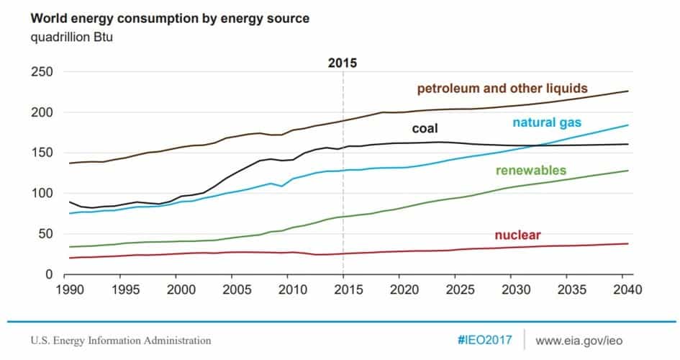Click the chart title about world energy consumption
tap(155, 17)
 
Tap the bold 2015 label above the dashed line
tap(343, 63)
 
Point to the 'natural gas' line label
tap(556, 122)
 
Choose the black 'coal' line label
tap(425, 129)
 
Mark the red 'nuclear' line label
tap(517, 235)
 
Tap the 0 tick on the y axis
tap(50, 274)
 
